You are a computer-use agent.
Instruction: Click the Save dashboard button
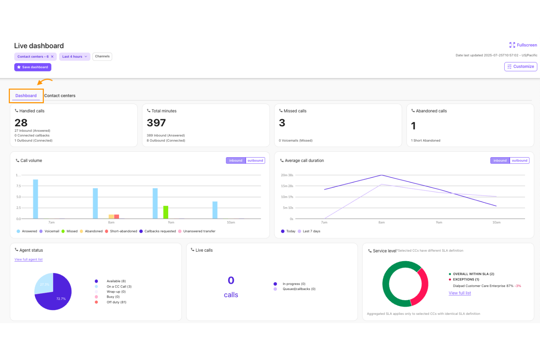click(33, 67)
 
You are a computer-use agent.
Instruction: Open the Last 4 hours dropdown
click(74, 57)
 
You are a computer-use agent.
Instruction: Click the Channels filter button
click(102, 57)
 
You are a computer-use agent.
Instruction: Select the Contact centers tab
click(60, 96)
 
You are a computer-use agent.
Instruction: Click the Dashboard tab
click(26, 96)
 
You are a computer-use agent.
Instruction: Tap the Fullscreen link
click(523, 45)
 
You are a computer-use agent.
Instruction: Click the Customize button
click(521, 66)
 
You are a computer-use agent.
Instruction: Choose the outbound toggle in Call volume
click(255, 160)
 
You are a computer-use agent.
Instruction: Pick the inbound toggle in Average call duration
click(500, 160)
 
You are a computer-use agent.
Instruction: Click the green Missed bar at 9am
click(166, 212)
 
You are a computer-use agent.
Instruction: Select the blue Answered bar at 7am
click(35, 199)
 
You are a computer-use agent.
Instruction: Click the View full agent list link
click(28, 259)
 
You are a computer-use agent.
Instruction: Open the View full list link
click(460, 293)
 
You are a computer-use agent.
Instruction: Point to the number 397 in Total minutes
click(156, 123)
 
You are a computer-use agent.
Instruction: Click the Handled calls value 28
click(21, 123)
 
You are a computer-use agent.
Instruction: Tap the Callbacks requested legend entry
click(160, 231)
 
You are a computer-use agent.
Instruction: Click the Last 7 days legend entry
click(311, 231)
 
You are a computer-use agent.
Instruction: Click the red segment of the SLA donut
click(422, 286)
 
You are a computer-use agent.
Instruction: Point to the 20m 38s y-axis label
click(287, 175)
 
